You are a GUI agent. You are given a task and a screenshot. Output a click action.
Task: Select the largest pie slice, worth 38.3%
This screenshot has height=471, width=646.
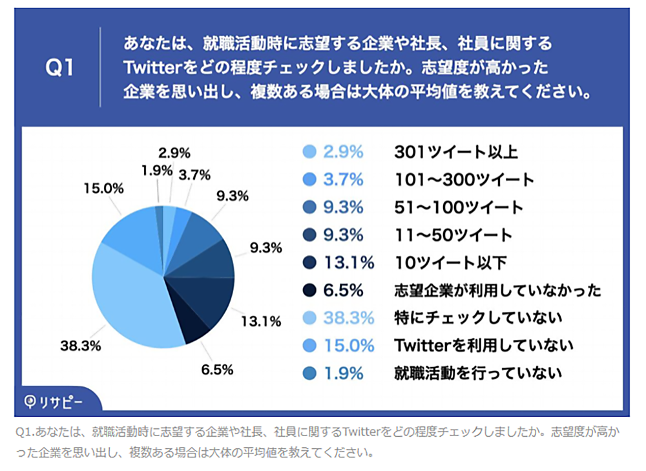pyautogui.click(x=136, y=297)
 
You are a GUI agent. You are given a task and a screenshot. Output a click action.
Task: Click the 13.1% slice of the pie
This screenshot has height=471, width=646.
pyautogui.click(x=210, y=297)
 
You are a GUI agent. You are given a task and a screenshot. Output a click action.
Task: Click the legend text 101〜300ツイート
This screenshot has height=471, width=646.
pyautogui.click(x=464, y=180)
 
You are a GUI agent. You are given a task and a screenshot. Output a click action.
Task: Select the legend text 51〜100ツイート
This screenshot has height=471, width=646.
pyautogui.click(x=458, y=207)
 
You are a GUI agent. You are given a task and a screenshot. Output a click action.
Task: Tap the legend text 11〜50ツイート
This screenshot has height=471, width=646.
pyautogui.click(x=453, y=235)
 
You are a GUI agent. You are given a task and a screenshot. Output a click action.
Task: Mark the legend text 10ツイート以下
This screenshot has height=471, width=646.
pyautogui.click(x=451, y=262)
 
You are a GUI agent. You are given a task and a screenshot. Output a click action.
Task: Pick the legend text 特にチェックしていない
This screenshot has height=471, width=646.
pyautogui.click(x=478, y=318)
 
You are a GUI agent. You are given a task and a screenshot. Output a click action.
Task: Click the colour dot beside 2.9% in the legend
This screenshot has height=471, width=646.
pyautogui.click(x=309, y=152)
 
